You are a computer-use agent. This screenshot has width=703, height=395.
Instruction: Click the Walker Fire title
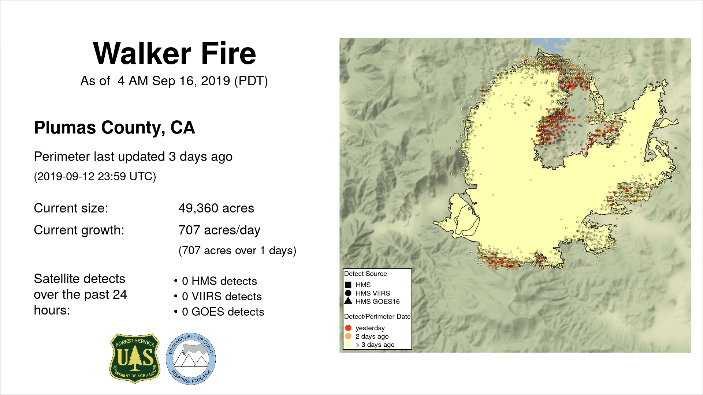pos(174,53)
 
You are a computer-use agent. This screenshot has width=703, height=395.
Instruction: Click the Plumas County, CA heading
pos(114,128)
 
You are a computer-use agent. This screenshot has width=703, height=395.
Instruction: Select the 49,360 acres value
pos(216,208)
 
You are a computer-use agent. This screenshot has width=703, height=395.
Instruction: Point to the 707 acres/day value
pos(219,230)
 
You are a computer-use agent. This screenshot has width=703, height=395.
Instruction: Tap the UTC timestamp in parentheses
pos(95,177)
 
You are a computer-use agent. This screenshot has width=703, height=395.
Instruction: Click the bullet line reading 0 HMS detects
pos(216,281)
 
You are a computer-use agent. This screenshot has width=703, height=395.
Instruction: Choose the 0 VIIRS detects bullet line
pos(218,296)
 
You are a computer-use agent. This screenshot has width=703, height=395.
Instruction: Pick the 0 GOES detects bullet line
pos(219,312)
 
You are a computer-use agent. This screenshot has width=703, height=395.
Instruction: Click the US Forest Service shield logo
pos(135,358)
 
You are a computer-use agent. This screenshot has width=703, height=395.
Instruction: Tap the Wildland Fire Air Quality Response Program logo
pos(191,359)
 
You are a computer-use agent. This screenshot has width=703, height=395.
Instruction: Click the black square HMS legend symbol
pos(348,285)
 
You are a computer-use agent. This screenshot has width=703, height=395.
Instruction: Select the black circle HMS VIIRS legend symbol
pos(348,293)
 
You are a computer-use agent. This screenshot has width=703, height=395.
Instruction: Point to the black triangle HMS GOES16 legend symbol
pos(348,301)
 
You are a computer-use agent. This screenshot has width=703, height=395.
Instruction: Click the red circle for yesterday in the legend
pos(348,328)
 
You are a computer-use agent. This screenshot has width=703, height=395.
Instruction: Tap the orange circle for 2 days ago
pos(348,336)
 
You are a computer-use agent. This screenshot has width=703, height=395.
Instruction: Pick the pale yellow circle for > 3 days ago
pos(348,345)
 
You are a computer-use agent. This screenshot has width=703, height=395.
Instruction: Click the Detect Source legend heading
pos(365,274)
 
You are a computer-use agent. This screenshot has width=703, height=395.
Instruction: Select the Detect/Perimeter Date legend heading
pos(377,316)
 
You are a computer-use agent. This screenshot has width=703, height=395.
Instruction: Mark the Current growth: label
pos(79,230)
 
